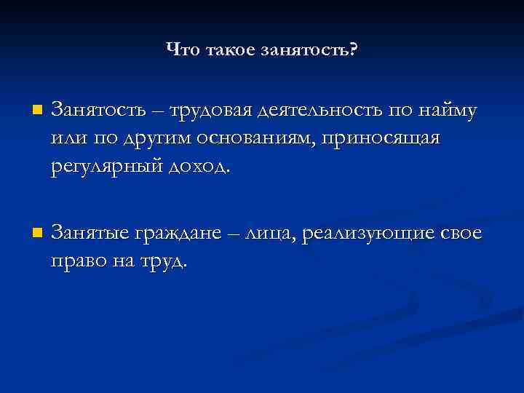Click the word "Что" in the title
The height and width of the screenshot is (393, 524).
181,49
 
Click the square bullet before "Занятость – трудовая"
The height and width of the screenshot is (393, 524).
37,111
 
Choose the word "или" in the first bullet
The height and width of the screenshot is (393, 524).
68,138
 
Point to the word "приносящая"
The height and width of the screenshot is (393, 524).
379,138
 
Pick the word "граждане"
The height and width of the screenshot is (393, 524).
176,234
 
